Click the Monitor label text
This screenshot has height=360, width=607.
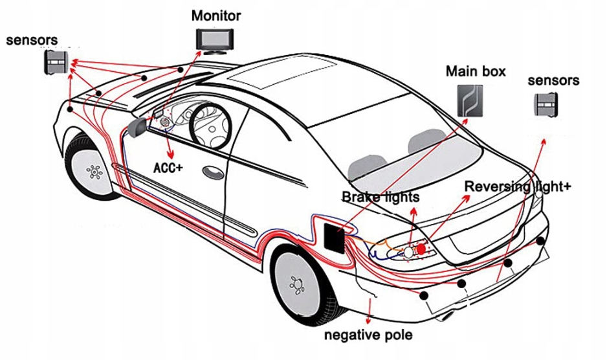click(216, 16)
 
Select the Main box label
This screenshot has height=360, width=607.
click(476, 71)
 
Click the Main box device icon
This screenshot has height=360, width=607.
click(471, 100)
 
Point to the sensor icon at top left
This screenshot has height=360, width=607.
click(55, 62)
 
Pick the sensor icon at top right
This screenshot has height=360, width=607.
click(545, 105)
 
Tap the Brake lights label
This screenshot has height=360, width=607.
click(381, 196)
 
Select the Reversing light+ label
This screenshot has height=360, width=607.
click(518, 187)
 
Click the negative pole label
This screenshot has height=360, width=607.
click(368, 335)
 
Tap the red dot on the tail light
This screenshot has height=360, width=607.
click(421, 248)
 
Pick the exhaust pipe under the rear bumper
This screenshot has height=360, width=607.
click(447, 317)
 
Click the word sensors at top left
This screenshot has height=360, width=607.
click(32, 40)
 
